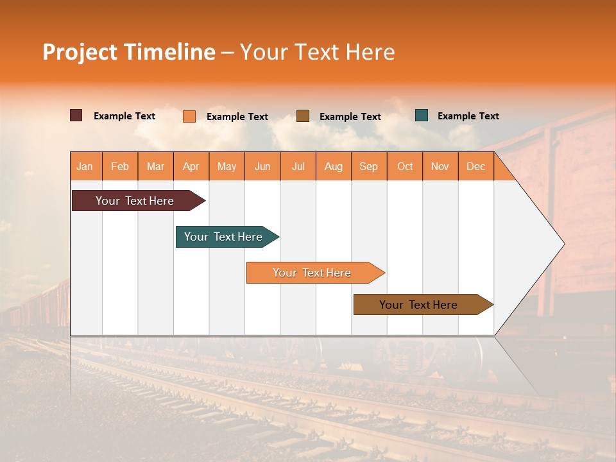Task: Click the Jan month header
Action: pos(85,167)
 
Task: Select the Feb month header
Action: pos(120,167)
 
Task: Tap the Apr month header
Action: pos(191,167)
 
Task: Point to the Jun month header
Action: pos(262,167)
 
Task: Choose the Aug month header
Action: pos(333,167)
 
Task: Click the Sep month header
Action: pos(368,167)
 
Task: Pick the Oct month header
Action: pos(405,167)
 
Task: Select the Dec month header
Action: pos(475,167)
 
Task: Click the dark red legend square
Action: pos(76,116)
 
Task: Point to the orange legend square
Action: pos(189,116)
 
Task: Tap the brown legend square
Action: pos(303,116)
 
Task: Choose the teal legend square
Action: pos(422,116)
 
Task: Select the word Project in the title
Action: pos(80,52)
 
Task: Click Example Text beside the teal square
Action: pos(468,116)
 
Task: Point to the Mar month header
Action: pos(155,167)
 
